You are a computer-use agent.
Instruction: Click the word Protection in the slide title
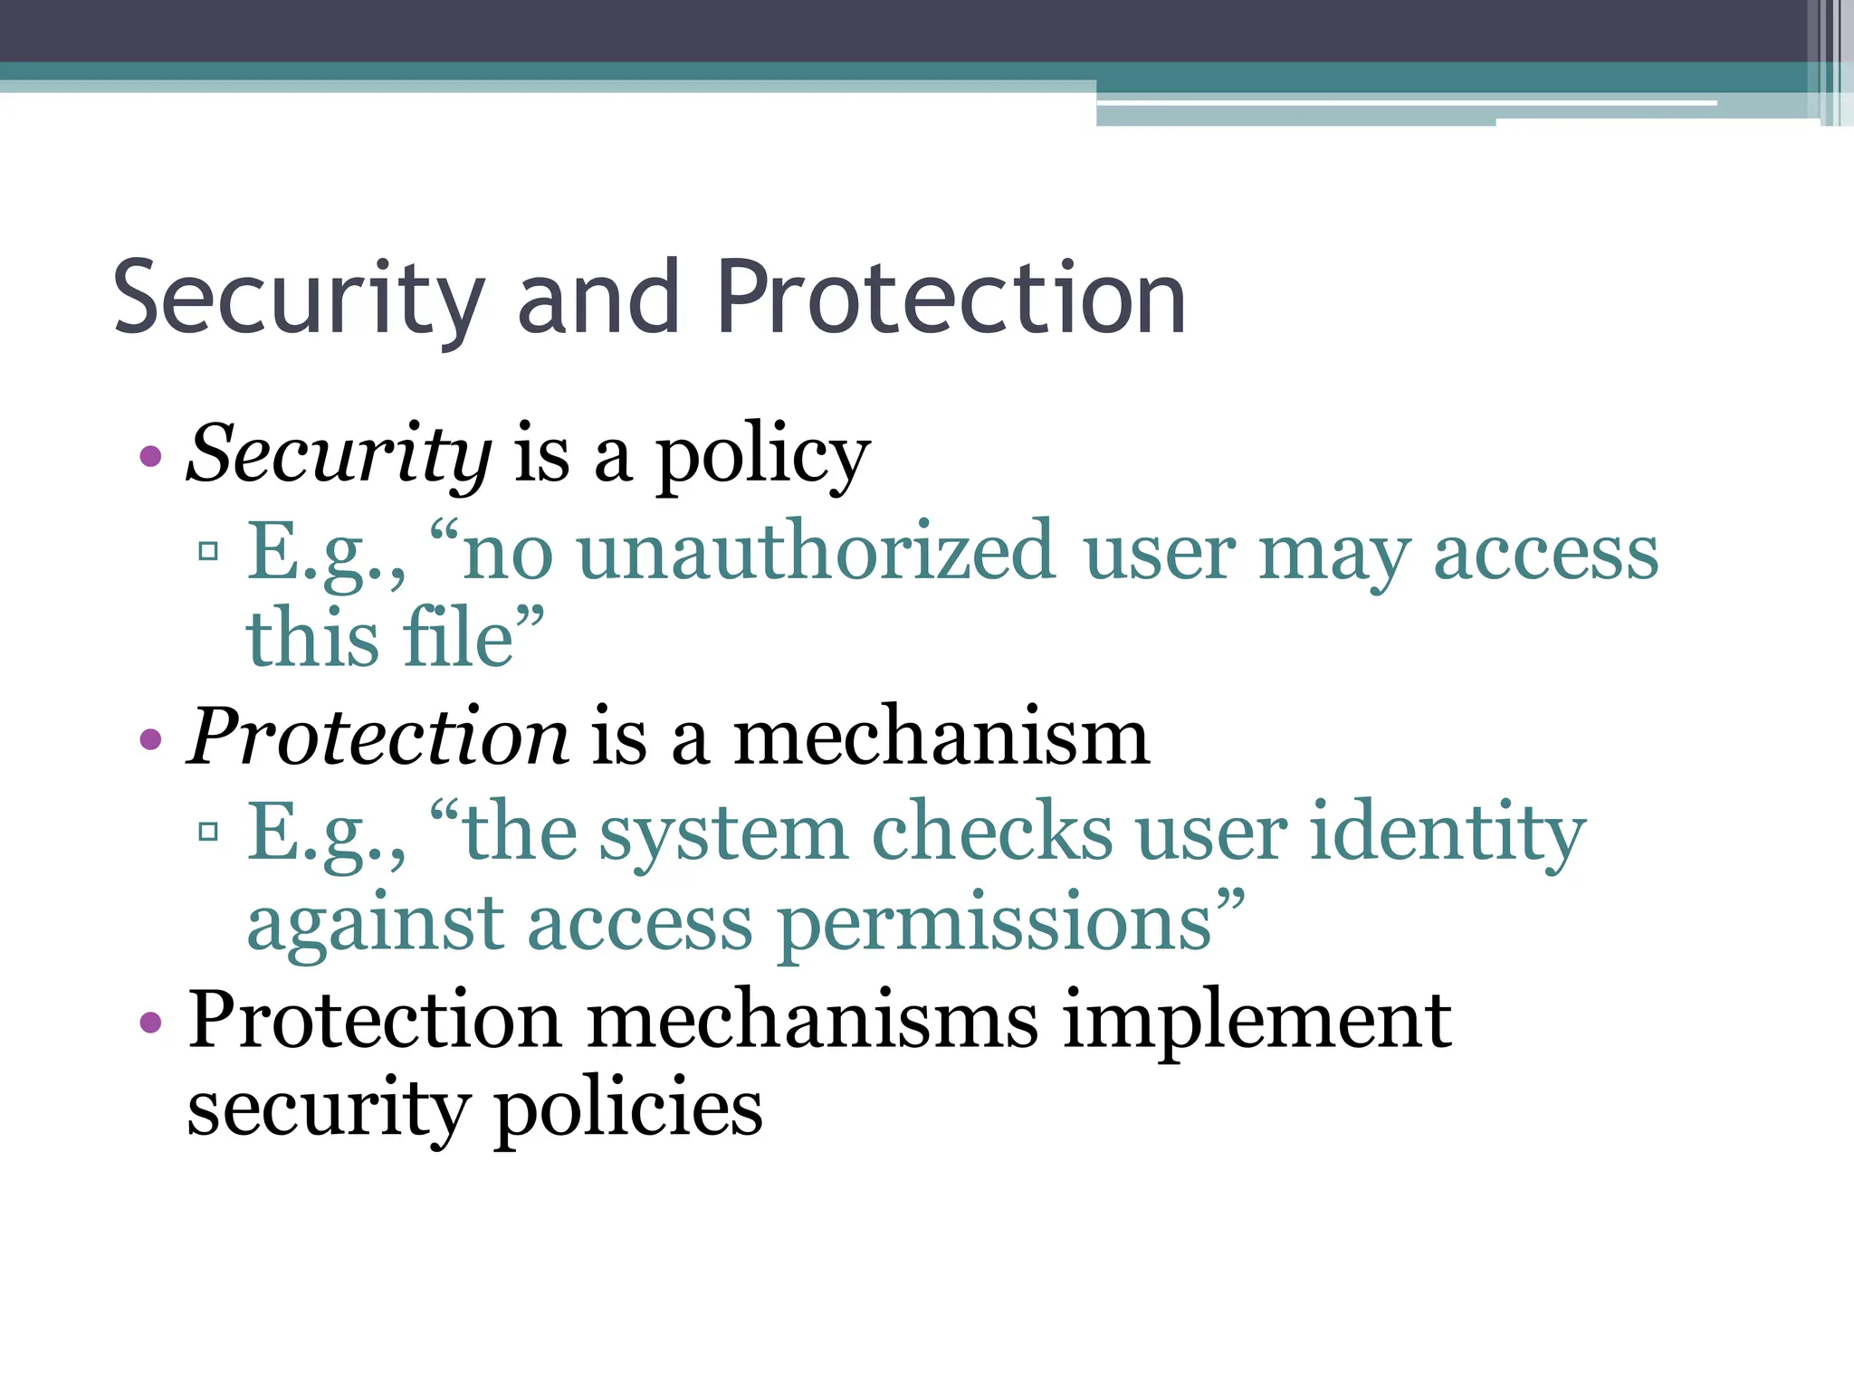[951, 297]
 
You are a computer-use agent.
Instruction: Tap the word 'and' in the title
[598, 297]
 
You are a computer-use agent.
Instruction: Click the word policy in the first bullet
[762, 458]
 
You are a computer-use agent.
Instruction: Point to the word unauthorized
[816, 552]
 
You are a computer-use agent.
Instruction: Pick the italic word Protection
[377, 738]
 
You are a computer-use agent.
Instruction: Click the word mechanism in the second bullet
[941, 738]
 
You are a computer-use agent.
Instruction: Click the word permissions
[996, 925]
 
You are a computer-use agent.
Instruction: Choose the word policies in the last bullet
[628, 1109]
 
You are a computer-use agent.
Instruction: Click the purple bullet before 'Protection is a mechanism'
[151, 740]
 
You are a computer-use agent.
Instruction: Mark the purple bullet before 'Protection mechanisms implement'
[151, 1023]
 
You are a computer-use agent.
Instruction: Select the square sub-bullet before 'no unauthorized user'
[209, 550]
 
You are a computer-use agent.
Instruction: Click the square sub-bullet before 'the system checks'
[209, 831]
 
